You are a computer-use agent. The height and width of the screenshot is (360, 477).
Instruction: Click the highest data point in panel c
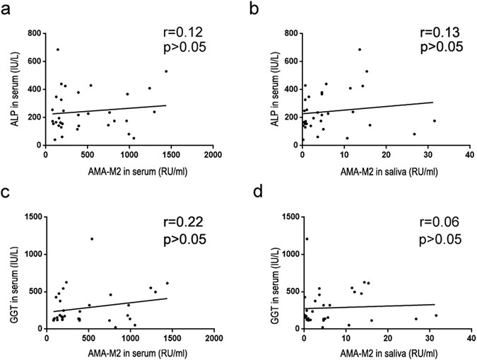point(92,238)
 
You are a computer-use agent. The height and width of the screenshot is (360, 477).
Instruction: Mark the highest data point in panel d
point(307,238)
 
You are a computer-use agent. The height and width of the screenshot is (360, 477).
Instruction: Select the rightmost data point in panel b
point(435,121)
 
